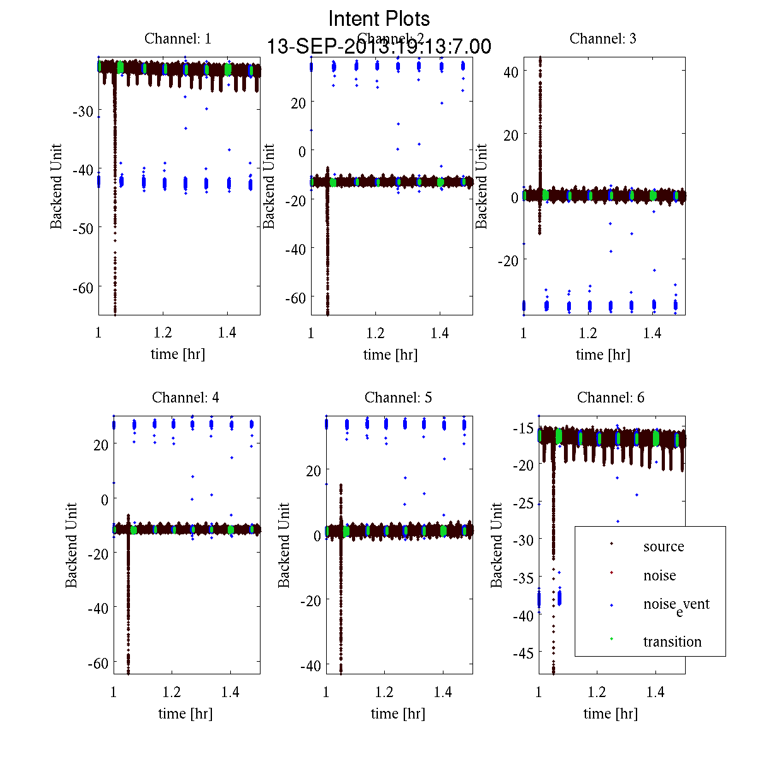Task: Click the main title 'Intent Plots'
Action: click(x=379, y=18)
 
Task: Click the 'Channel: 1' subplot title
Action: click(x=178, y=38)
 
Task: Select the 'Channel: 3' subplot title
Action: click(x=602, y=38)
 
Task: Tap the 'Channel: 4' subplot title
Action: click(x=185, y=397)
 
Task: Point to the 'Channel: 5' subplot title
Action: click(x=398, y=397)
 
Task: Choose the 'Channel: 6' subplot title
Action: click(x=611, y=397)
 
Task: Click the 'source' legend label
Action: click(x=663, y=546)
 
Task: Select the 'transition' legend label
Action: click(x=672, y=642)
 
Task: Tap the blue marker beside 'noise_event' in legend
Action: click(x=611, y=606)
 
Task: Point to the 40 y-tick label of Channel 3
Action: click(x=511, y=71)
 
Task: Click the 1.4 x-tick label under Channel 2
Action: click(x=440, y=333)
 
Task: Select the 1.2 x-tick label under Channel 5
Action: click(x=384, y=692)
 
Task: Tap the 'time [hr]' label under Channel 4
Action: click(x=185, y=713)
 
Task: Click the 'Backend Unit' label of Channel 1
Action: click(x=57, y=187)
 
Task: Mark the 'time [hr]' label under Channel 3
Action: click(x=602, y=355)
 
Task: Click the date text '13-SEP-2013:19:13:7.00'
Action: click(x=379, y=46)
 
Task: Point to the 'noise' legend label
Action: click(x=659, y=575)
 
